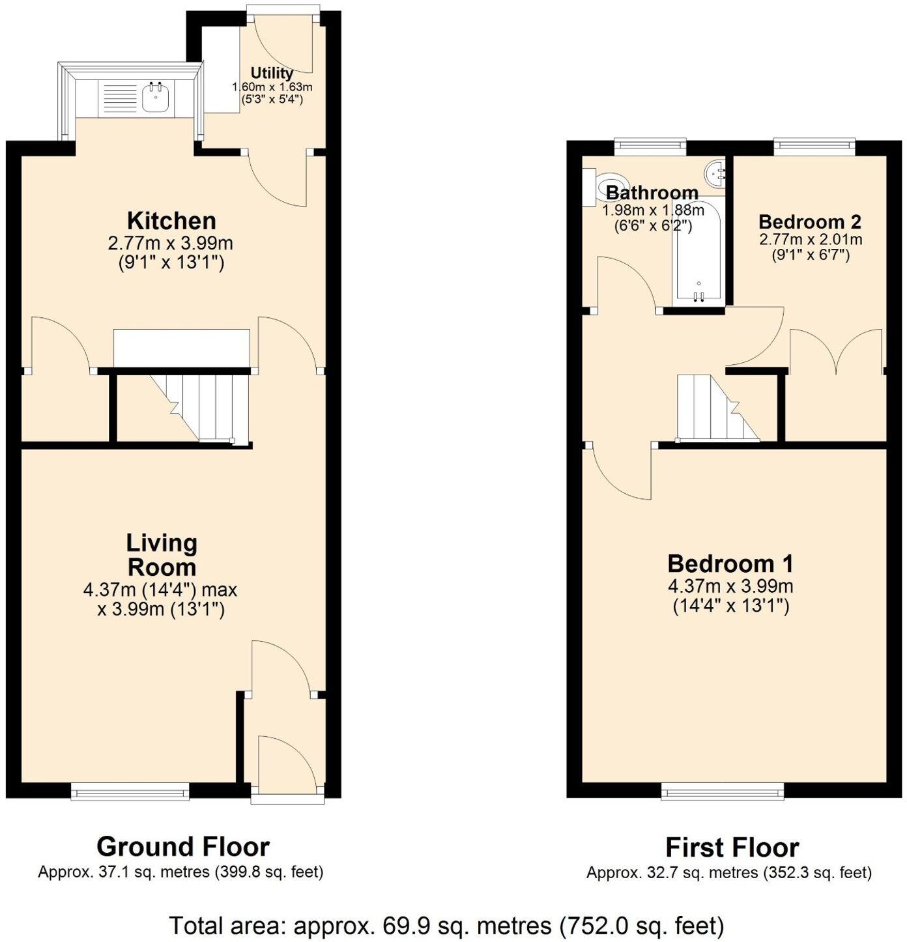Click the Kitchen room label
click(x=171, y=220)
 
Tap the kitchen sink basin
click(x=156, y=98)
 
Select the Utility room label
click(x=272, y=73)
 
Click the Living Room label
click(x=162, y=554)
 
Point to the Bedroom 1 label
click(x=730, y=563)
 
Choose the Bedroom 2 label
click(x=810, y=221)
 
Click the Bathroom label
click(x=652, y=193)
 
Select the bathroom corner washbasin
click(x=715, y=173)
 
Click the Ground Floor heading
click(x=182, y=847)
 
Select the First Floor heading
click(x=732, y=848)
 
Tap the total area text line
click(x=446, y=925)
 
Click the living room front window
click(x=130, y=792)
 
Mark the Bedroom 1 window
click(x=723, y=792)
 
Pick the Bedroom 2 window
click(x=814, y=146)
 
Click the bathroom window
click(x=650, y=146)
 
